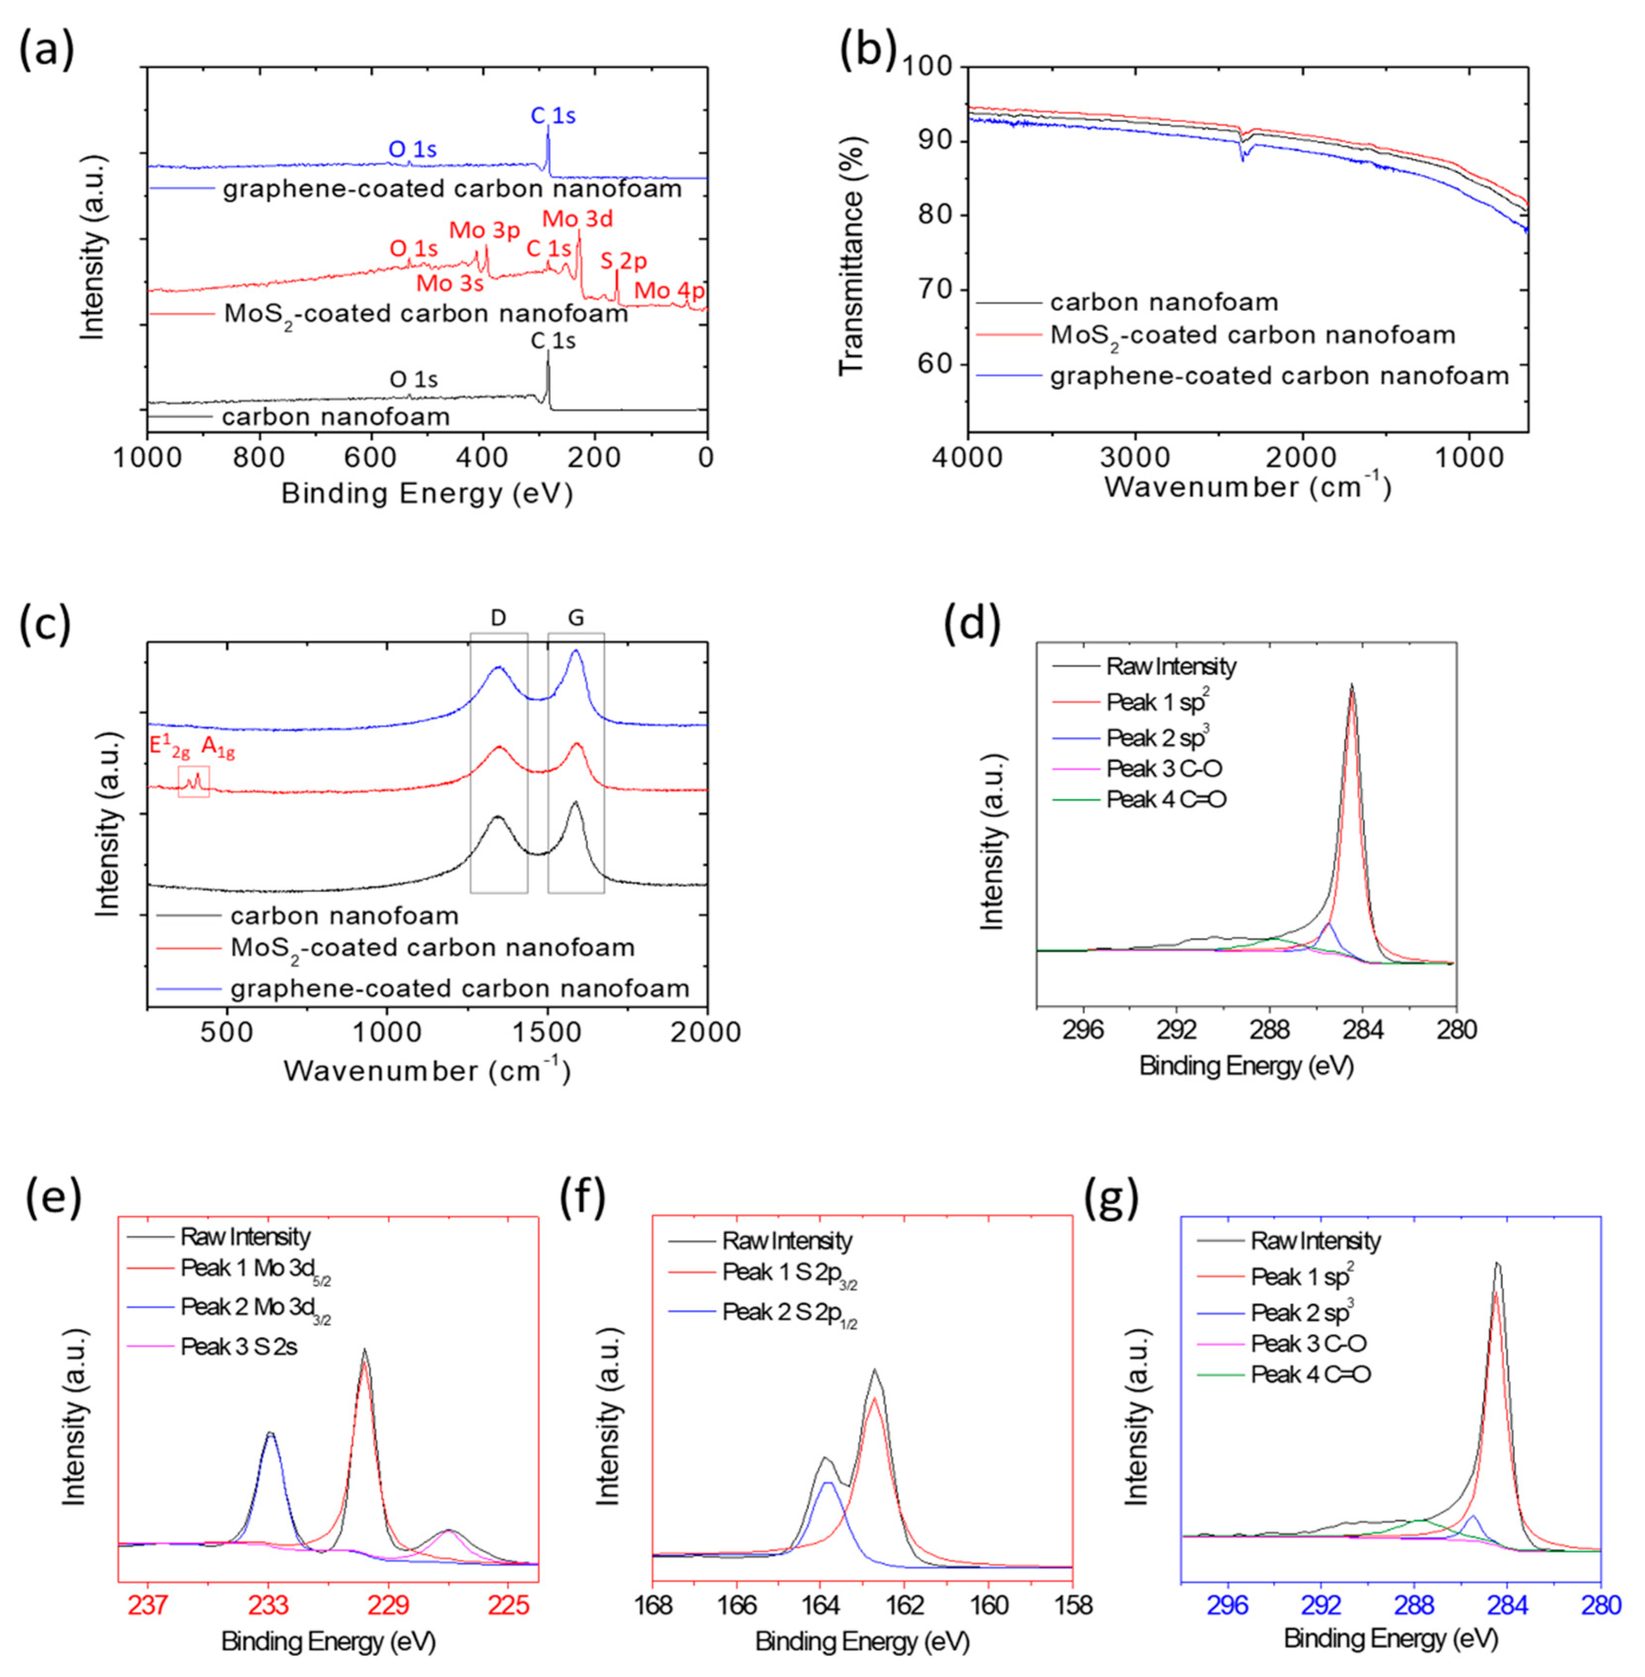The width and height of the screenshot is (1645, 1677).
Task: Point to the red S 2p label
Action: coord(624,261)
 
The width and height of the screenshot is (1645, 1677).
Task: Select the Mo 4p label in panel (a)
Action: coord(670,291)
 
